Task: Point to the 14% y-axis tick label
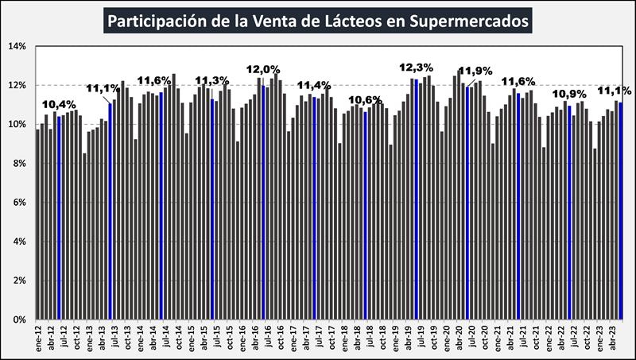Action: click(x=17, y=47)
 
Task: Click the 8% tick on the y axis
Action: click(x=20, y=164)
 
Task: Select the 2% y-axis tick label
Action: click(x=20, y=281)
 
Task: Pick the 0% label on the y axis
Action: click(x=20, y=319)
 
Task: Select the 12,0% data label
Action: click(x=262, y=69)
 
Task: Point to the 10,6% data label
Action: click(x=366, y=100)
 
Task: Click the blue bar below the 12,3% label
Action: click(x=416, y=199)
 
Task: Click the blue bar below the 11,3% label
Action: click(x=212, y=208)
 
